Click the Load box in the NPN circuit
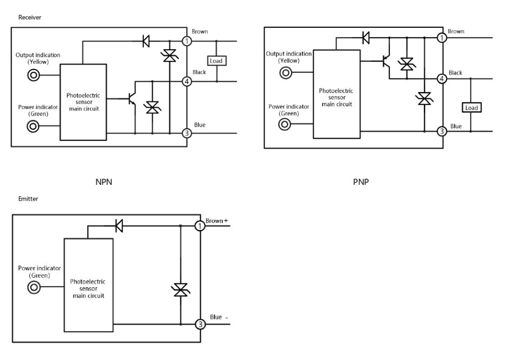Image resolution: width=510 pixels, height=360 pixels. click(217, 61)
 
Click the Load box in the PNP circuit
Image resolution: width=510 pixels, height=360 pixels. click(471, 108)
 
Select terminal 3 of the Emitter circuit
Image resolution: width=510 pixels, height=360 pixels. click(201, 325)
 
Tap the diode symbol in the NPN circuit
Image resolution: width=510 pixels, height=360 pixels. click(147, 42)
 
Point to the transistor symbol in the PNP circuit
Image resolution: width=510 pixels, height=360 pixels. click(385, 62)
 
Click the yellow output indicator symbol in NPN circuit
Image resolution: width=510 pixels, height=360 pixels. click(34, 75)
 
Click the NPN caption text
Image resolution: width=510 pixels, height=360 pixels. click(104, 182)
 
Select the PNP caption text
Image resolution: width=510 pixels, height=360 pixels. click(359, 182)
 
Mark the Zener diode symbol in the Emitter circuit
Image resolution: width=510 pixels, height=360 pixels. click(181, 290)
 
